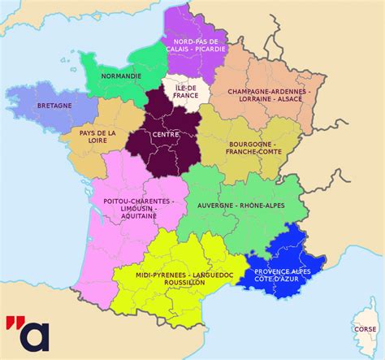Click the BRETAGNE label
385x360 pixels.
tap(54, 106)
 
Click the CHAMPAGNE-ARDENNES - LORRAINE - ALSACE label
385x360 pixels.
tap(268, 97)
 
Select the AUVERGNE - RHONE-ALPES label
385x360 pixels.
tap(244, 206)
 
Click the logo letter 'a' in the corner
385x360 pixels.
tap(35, 336)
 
